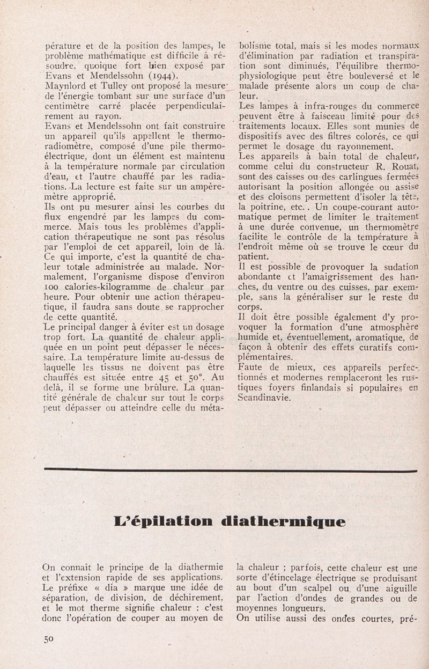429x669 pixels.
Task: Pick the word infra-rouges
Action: tap(311, 106)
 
